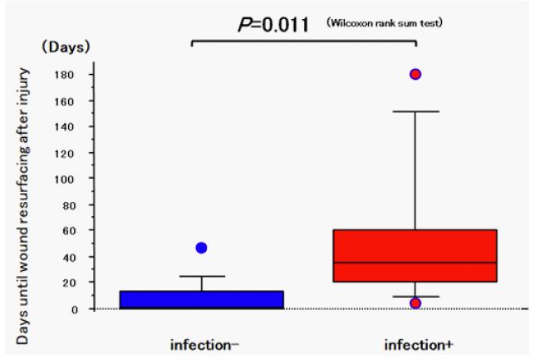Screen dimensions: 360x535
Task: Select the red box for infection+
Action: pos(414,255)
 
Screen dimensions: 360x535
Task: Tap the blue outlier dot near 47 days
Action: pos(202,248)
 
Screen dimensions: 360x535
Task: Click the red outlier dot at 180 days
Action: pos(415,75)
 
